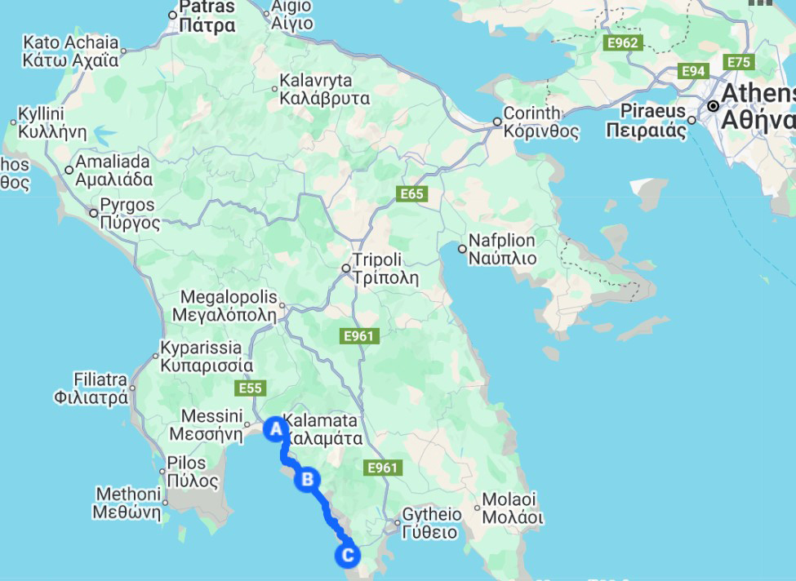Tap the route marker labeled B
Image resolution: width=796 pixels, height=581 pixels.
click(x=308, y=479)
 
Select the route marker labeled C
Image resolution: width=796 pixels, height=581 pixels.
click(x=346, y=557)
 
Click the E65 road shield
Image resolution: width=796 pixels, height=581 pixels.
click(x=412, y=194)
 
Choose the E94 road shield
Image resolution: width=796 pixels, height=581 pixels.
click(x=693, y=72)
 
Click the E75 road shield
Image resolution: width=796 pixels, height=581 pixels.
click(x=739, y=62)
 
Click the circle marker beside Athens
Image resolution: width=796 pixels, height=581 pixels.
click(x=714, y=106)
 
